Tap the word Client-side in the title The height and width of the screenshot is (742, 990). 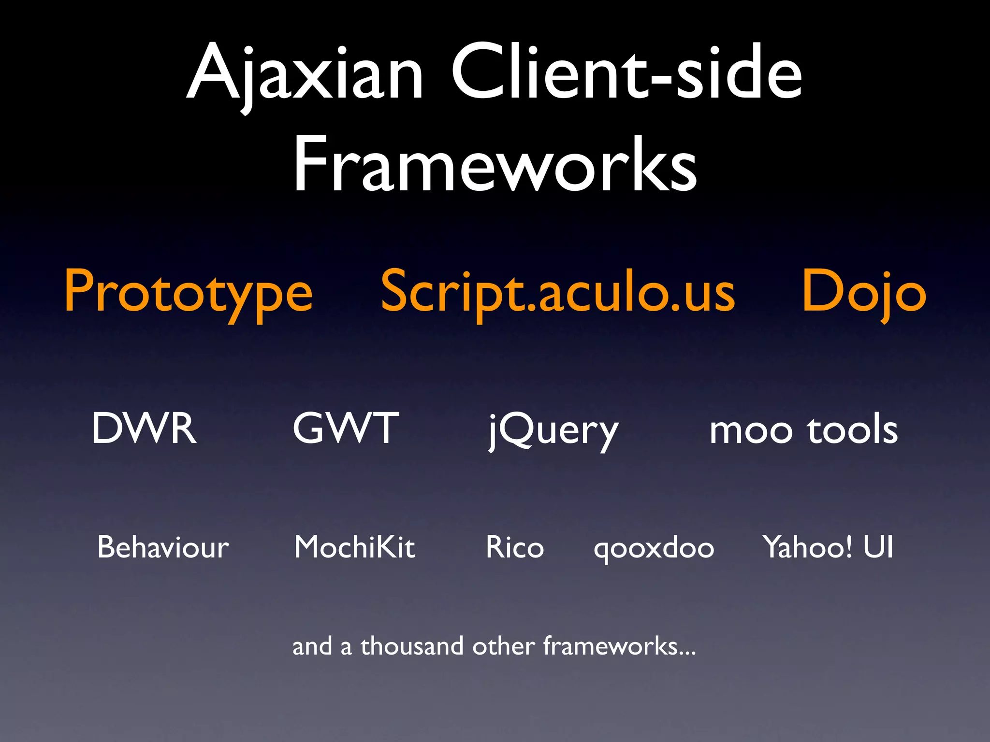(x=626, y=72)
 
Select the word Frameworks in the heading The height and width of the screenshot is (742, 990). (x=495, y=164)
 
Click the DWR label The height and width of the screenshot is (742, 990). (x=144, y=428)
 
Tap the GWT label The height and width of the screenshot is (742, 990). (x=346, y=428)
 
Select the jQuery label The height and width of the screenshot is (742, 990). (x=553, y=430)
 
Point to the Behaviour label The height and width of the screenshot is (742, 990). (x=163, y=547)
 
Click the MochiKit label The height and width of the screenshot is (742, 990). (x=355, y=547)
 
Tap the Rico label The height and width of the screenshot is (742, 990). (x=515, y=547)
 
